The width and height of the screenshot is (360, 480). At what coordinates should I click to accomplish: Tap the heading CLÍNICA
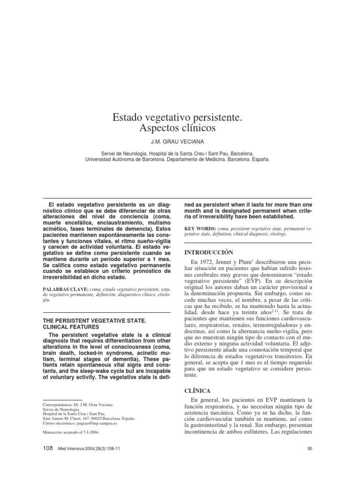pyautogui.click(x=199, y=390)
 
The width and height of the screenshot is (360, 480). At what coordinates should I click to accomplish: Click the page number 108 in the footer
pyautogui.click(x=48, y=449)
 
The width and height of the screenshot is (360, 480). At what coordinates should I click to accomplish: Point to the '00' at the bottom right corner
pyautogui.click(x=309, y=449)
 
